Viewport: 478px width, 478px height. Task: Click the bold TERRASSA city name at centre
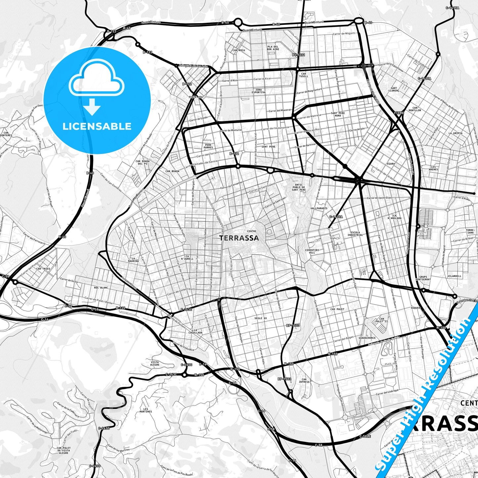[x=239, y=238]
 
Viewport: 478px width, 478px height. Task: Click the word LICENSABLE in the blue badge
[x=97, y=126]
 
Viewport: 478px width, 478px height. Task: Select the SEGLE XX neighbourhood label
[x=260, y=318]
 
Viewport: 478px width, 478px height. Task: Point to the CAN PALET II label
[x=381, y=320]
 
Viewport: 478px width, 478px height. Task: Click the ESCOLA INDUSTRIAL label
[x=355, y=234]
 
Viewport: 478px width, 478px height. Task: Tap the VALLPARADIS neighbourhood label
[x=319, y=208]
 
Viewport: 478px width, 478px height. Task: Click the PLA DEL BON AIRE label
[x=273, y=48]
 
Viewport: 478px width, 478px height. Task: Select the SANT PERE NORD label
[x=337, y=114]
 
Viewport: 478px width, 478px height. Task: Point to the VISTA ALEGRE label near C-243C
[x=154, y=363]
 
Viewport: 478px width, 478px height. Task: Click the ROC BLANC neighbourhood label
[x=101, y=288]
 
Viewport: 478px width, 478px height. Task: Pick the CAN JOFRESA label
[x=304, y=380]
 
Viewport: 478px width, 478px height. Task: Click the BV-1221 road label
[x=298, y=55]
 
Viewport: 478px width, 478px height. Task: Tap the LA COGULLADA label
[x=198, y=331]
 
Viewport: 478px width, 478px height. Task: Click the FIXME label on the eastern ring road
[x=399, y=113]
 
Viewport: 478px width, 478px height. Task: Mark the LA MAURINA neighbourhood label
[x=134, y=260]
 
